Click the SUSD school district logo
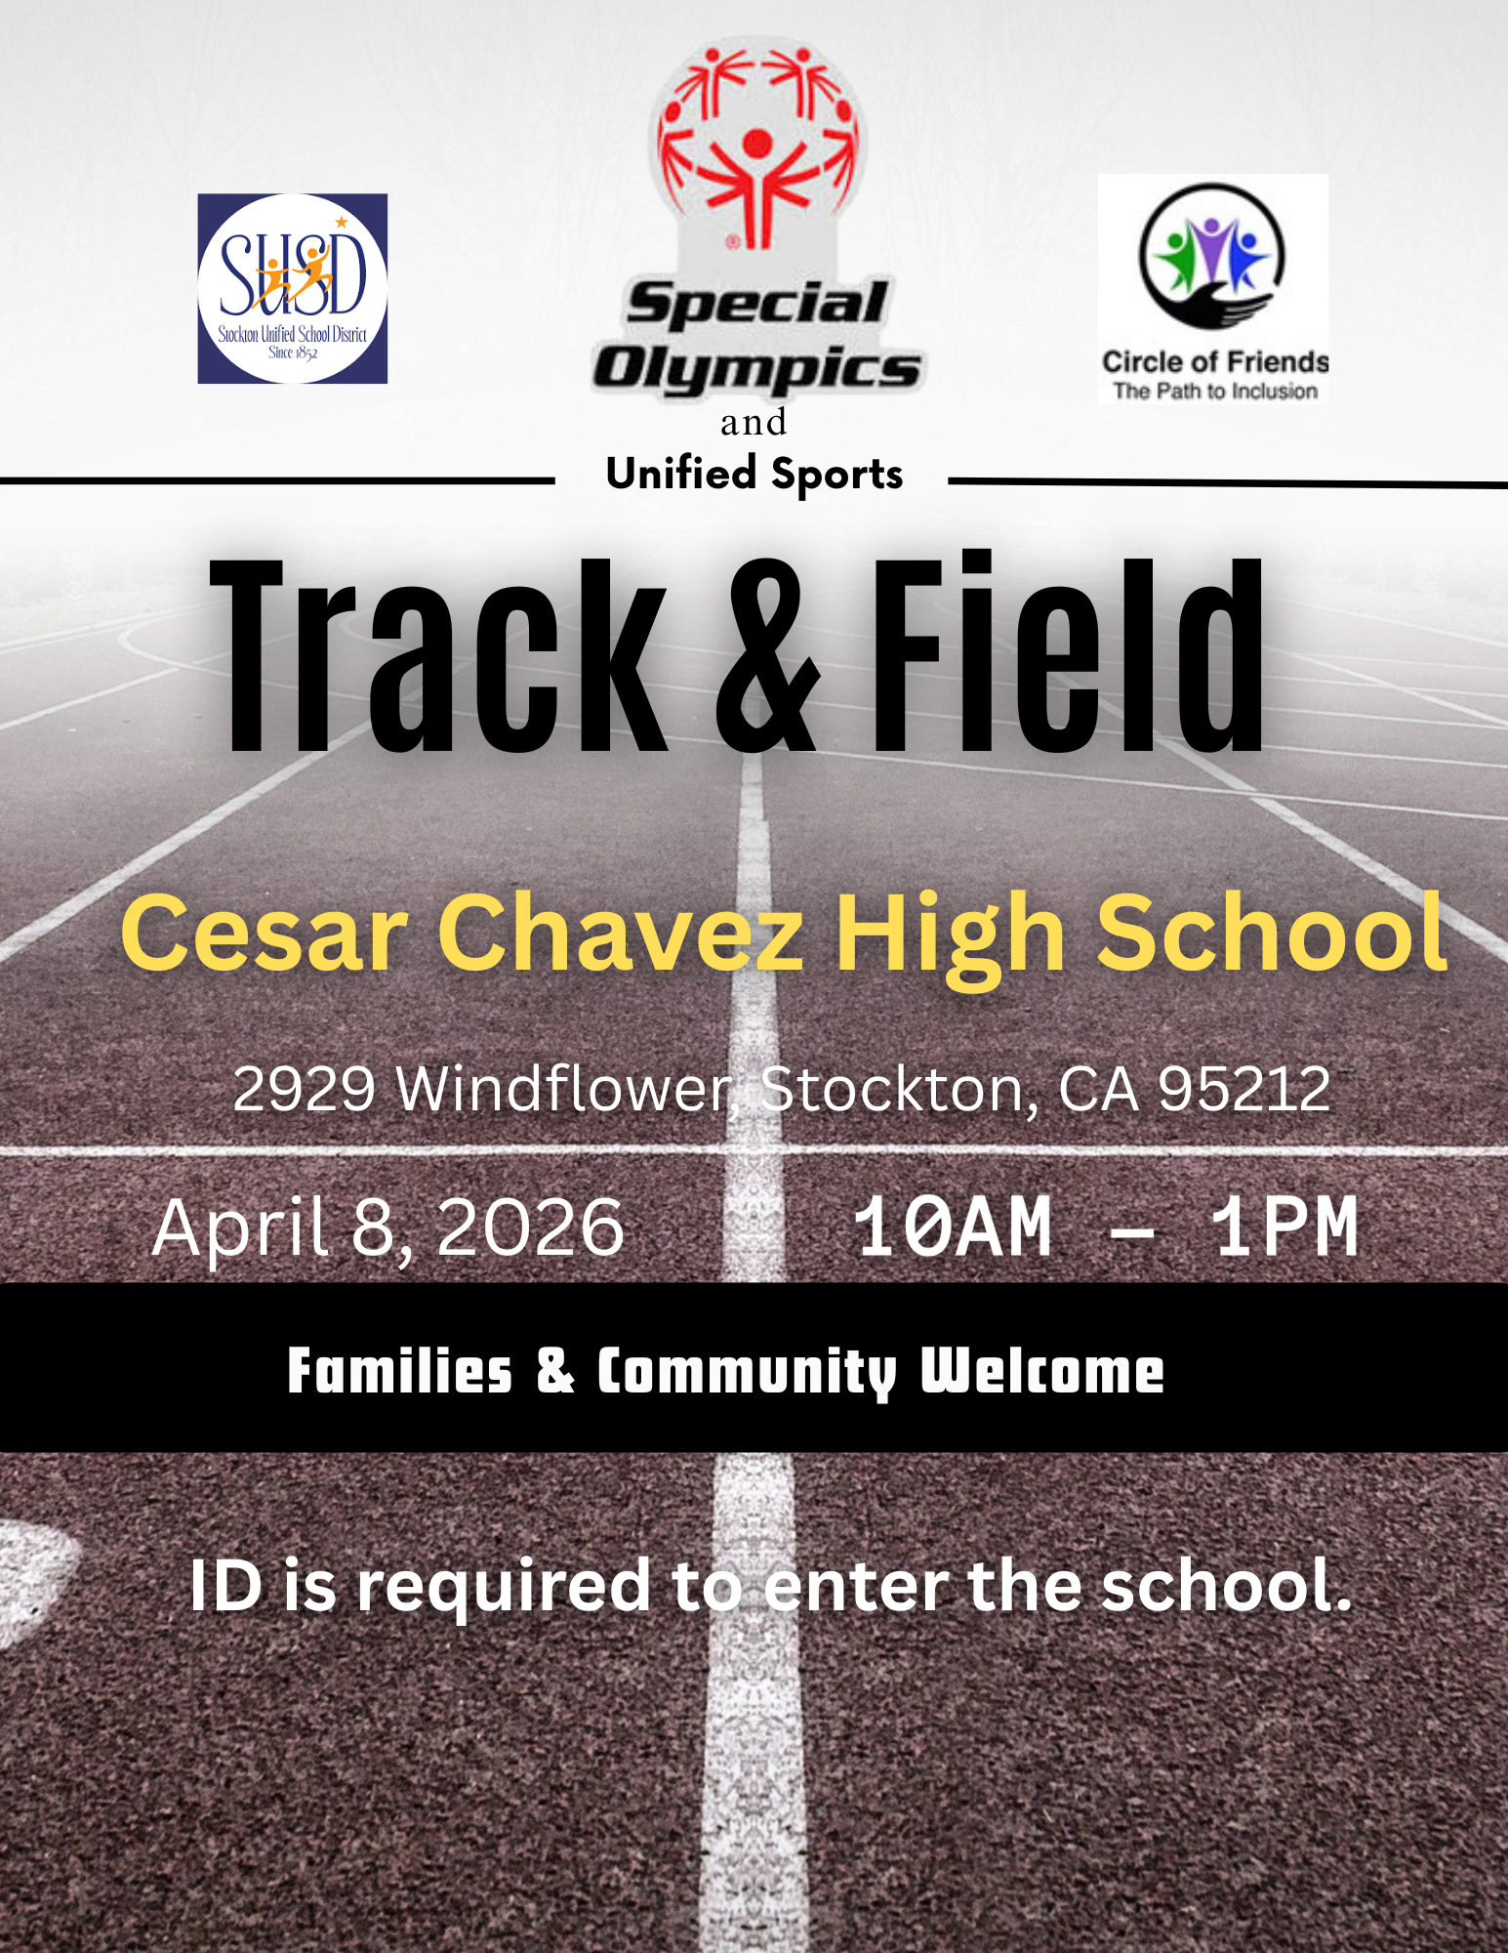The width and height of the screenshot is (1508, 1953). click(293, 288)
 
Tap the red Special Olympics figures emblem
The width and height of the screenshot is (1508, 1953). click(757, 146)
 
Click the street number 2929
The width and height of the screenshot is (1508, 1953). click(304, 1089)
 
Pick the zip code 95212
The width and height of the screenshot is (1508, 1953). click(1243, 1089)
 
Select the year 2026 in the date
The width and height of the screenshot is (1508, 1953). click(530, 1227)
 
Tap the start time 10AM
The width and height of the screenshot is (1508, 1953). click(953, 1227)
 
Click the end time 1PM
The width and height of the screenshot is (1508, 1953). click(1284, 1227)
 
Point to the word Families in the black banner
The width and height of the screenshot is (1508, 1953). click(399, 1371)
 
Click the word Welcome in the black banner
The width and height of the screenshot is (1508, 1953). click(1042, 1371)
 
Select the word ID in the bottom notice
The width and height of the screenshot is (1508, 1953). click(226, 1586)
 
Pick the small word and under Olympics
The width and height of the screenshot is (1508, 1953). click(754, 423)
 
